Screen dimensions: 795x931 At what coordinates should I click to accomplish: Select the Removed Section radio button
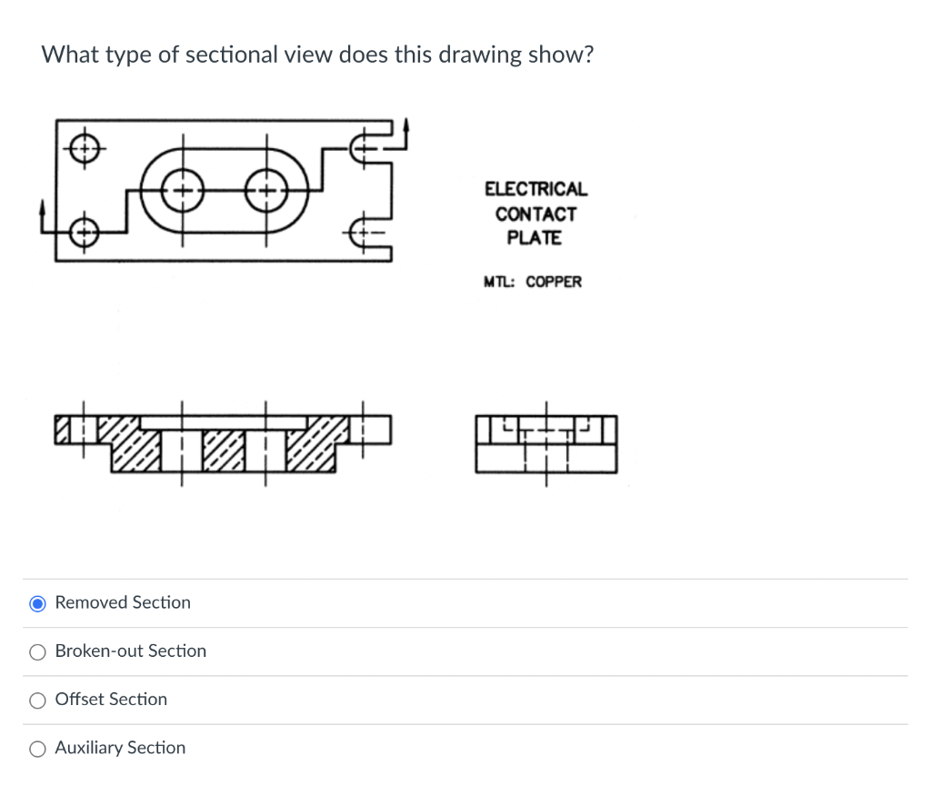(x=38, y=603)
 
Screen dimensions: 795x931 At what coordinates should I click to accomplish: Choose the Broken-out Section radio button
(x=38, y=651)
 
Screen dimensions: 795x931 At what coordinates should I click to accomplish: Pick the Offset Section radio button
(x=38, y=700)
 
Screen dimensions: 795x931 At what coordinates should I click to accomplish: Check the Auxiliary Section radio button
(x=38, y=749)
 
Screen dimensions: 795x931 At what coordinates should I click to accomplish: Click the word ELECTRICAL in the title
(x=536, y=190)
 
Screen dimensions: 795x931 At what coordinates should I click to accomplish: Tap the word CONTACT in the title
(x=536, y=214)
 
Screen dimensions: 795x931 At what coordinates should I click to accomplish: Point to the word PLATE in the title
(x=535, y=238)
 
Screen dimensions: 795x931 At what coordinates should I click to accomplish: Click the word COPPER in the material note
(x=554, y=282)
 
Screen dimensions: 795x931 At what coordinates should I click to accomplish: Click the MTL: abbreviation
(x=500, y=282)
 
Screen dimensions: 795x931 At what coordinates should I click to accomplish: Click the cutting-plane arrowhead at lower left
(x=41, y=209)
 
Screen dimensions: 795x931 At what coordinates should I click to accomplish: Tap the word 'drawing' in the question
(x=480, y=55)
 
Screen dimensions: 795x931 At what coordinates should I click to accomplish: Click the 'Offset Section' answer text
(x=111, y=700)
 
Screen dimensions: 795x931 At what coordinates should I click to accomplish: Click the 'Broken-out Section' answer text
(x=131, y=651)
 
